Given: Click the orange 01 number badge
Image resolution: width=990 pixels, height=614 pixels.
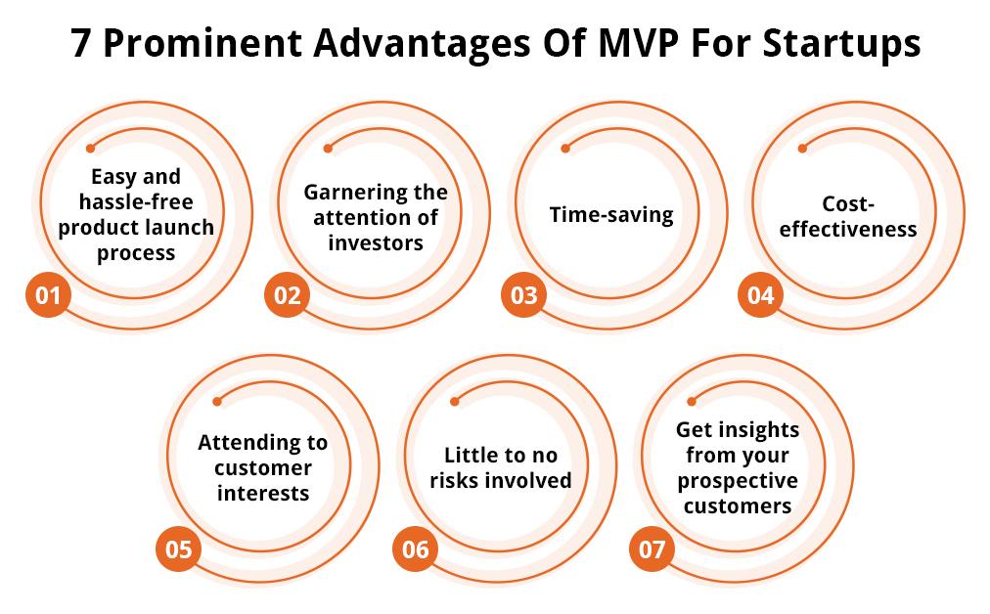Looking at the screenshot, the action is tap(48, 294).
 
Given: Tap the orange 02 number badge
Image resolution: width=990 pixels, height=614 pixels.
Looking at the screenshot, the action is tap(287, 294).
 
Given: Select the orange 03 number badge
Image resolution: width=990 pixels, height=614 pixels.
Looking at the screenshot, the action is tap(523, 294).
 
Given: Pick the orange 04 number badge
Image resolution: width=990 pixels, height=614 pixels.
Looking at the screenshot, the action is tap(760, 294).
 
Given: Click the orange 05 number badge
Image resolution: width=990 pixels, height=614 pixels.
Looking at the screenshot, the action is tap(178, 549).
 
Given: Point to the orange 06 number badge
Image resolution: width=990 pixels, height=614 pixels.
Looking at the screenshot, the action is tap(415, 549).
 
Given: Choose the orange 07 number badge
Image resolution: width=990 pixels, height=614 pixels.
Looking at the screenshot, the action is tap(652, 549).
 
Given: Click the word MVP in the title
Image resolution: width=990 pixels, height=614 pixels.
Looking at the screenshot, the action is tap(639, 43).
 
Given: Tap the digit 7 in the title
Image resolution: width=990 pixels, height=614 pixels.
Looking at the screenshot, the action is tap(80, 44).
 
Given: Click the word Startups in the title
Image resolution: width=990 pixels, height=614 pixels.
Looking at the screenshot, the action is tap(841, 44).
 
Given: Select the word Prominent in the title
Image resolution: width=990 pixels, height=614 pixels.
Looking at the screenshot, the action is tap(202, 43).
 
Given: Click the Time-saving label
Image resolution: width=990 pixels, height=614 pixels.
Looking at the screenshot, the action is tap(611, 214).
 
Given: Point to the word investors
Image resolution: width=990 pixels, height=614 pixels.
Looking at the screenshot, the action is tap(376, 242).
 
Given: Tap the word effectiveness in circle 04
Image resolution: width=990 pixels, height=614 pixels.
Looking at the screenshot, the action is tap(848, 229).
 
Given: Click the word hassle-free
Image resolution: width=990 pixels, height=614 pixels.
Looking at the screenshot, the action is tap(136, 202).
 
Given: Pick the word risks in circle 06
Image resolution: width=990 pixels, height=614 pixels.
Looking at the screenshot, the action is tap(451, 480).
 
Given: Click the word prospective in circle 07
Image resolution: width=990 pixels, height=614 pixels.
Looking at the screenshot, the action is tap(738, 481).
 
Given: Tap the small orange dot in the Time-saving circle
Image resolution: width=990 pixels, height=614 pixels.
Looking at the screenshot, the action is tap(565, 149).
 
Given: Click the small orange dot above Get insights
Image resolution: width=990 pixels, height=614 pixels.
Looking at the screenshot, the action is tap(692, 401).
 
